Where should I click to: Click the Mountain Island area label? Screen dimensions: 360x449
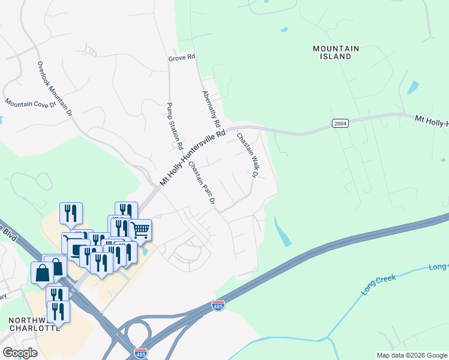pos(336,52)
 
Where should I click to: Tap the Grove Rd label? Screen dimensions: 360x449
pos(182,58)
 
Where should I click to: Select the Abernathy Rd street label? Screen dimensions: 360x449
pos(211,108)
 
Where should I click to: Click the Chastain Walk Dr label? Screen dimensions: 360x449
pos(246,155)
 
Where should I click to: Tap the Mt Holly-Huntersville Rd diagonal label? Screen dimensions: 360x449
pos(192,156)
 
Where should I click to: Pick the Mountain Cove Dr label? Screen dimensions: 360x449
pos(30,104)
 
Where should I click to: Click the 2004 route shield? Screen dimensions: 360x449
pos(340,123)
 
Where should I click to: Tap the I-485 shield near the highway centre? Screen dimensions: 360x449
pos(218,306)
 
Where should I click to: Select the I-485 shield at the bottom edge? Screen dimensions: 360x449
pos(140,353)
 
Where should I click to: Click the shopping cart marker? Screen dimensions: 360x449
pos(140,229)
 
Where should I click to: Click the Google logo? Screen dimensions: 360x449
pos(20,353)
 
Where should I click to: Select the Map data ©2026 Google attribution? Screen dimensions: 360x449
pos(412,355)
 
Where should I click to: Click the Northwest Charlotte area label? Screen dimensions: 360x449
pos(34,324)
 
